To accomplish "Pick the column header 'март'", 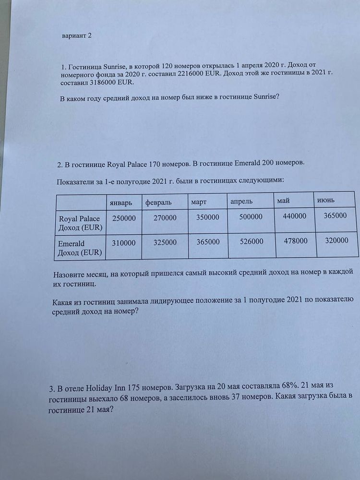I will coord(198,202).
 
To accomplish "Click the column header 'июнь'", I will coord(325,200).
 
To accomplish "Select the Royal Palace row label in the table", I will coord(80,223).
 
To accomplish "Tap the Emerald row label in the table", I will coord(80,248).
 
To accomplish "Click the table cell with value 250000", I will coord(124,218).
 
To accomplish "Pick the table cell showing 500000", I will coord(251,217).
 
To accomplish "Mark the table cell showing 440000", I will coord(294,216).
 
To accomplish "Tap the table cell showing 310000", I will coord(124,243).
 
